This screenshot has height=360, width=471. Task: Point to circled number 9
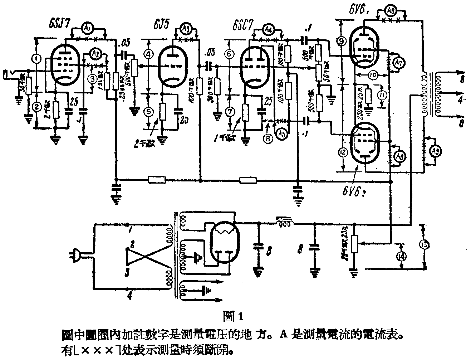[x=341, y=42]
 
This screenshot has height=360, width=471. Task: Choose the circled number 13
[x=425, y=245]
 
